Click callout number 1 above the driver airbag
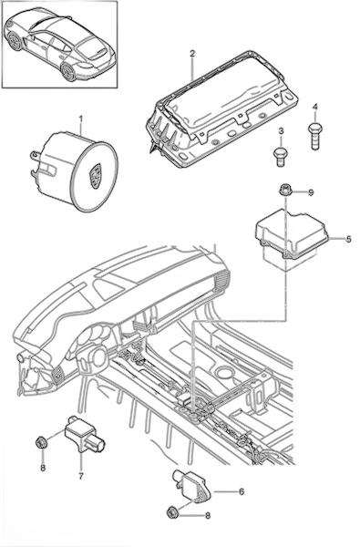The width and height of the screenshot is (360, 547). pos(81,119)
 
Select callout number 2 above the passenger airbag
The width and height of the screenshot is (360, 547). pos(192,54)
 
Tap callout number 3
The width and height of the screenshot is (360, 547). pos(281,131)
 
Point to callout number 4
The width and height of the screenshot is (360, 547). pos(315,107)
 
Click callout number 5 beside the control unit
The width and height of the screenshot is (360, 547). pos(348,239)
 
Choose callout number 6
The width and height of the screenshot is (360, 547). pos(241,491)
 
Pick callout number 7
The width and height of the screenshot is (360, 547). pos(81,476)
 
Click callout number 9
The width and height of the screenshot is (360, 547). pos(311,192)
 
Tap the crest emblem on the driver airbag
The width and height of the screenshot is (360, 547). pos(95,176)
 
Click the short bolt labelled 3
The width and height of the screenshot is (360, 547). pos(280,157)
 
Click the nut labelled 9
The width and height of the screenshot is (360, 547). pos(285,191)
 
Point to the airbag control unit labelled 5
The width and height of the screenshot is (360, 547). pos(292,238)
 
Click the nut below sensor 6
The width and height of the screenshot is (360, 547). pos(172,512)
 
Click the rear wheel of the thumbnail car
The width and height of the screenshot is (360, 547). pos(68,71)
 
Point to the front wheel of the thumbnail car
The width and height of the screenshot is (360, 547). pos(15,41)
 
